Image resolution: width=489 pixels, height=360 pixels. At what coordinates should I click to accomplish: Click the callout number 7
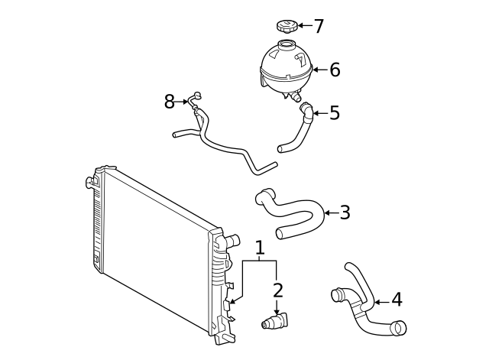(319, 26)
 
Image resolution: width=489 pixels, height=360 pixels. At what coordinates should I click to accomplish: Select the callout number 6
(335, 70)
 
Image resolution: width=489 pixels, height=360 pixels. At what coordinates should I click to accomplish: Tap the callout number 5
(334, 113)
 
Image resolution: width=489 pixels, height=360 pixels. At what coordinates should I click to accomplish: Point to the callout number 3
(345, 212)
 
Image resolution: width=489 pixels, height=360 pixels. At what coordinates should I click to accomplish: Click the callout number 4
(396, 300)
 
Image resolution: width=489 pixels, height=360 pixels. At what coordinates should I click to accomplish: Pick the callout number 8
(169, 101)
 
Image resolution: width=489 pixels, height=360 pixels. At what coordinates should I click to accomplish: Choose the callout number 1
(260, 247)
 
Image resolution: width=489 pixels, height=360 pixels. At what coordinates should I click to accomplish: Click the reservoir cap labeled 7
(285, 27)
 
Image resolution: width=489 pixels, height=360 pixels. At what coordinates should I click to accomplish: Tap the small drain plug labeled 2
(274, 322)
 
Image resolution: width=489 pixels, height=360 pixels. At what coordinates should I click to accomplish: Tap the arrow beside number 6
(319, 70)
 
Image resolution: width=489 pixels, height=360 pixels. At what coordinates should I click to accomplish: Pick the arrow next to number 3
(330, 212)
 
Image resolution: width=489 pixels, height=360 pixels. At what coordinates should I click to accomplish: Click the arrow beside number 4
(381, 301)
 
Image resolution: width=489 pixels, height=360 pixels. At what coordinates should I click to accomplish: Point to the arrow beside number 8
(184, 101)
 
